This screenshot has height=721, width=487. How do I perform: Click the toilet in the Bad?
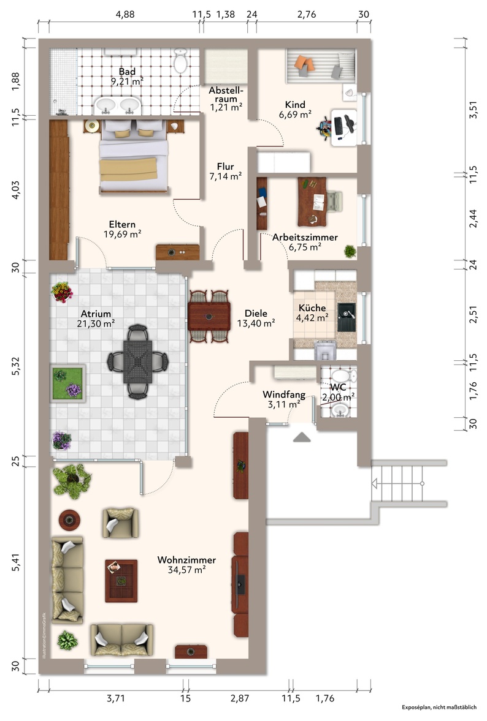pyautogui.click(x=180, y=61)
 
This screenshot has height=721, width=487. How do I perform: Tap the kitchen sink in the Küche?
pyautogui.click(x=347, y=317)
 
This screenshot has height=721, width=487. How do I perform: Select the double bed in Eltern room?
pyautogui.click(x=134, y=156)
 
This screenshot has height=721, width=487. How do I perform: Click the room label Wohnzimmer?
pyautogui.click(x=186, y=560)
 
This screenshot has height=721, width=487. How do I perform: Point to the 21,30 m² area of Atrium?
pyautogui.click(x=96, y=323)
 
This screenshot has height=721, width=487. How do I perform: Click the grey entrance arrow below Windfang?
pyautogui.click(x=302, y=437)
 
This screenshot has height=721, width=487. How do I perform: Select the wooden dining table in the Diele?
pyautogui.click(x=209, y=316)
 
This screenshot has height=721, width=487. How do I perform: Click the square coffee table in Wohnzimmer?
pyautogui.click(x=121, y=581)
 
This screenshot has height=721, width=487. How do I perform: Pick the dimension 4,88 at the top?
pyautogui.click(x=125, y=14)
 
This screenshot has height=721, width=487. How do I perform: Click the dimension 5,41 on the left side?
pyautogui.click(x=16, y=562)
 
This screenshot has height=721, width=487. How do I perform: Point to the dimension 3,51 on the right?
pyautogui.click(x=473, y=110)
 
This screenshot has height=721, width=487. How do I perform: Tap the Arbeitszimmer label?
pyautogui.click(x=305, y=237)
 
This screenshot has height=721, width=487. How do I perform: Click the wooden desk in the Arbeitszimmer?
pyautogui.click(x=312, y=202)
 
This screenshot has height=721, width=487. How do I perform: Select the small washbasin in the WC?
pyautogui.click(x=340, y=409)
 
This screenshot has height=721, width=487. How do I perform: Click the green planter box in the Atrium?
pyautogui.click(x=67, y=383)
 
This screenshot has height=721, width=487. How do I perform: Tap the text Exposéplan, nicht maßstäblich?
pyautogui.click(x=439, y=708)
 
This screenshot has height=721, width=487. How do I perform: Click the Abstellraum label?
pyautogui.click(x=226, y=94)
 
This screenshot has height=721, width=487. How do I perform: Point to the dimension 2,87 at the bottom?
pyautogui.click(x=240, y=698)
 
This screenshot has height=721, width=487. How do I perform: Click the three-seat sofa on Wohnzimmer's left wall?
pyautogui.click(x=67, y=580)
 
